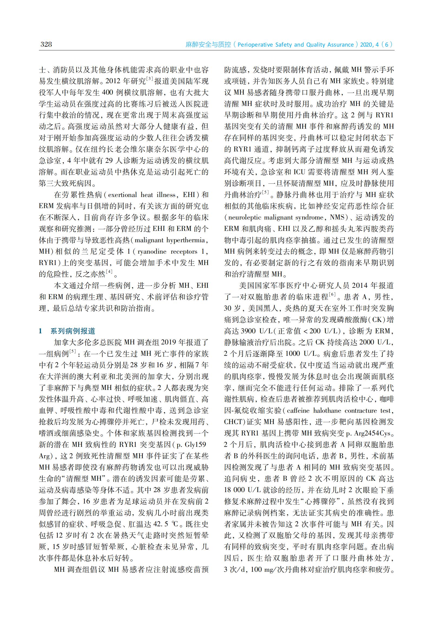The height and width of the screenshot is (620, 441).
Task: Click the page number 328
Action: (46, 44)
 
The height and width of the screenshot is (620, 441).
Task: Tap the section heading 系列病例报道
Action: (73, 331)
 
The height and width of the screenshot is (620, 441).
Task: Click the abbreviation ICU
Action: (300, 172)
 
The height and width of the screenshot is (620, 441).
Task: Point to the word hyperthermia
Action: (186, 240)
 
